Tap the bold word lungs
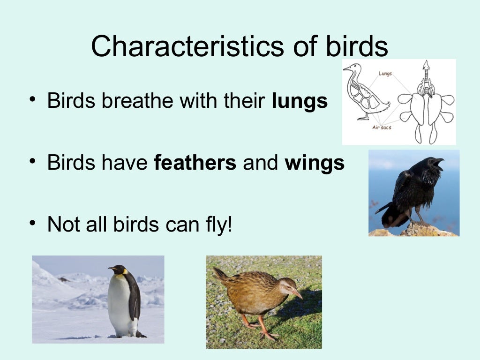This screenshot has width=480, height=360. point(300,101)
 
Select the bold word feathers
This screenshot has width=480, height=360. point(195,163)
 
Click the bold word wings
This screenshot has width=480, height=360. point(315,163)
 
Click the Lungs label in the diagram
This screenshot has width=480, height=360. point(385,74)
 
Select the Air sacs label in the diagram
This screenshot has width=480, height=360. point(382,127)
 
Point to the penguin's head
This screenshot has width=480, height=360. point(118,270)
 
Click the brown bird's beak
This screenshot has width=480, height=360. point(297,294)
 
